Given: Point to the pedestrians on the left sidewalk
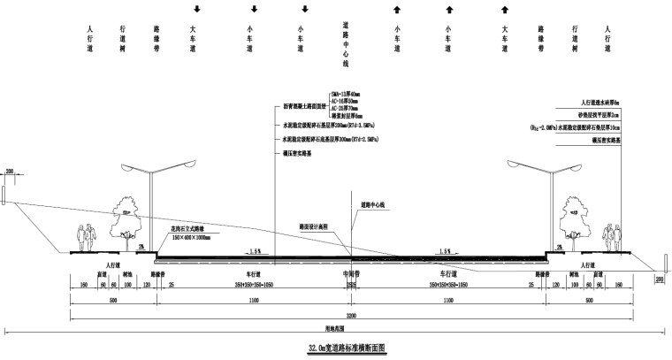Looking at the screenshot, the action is coord(85,238).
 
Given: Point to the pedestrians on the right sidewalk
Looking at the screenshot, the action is coord(610,238).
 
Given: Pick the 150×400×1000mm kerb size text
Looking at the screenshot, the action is coord(191,237).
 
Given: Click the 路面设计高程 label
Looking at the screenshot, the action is coord(314,227).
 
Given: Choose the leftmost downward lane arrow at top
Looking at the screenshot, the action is coord(196,10).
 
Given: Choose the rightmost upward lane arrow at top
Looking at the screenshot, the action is coord(504,10).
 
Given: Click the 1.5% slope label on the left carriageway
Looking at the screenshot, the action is coord(255,250).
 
